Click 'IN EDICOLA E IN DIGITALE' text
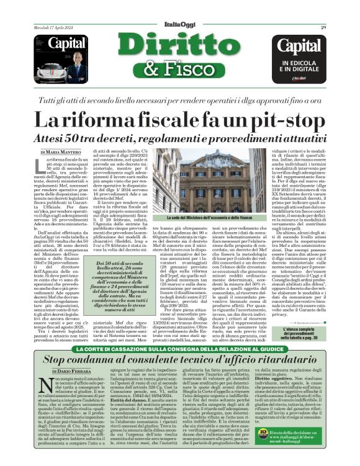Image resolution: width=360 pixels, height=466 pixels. pos(302,66)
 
